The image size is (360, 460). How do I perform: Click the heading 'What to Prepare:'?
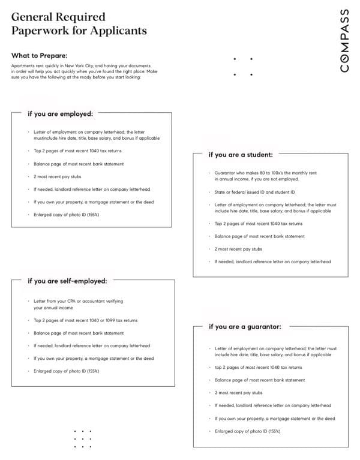pos(39,55)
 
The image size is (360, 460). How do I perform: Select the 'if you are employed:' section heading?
pos(60,113)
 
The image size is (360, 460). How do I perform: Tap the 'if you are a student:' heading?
pos(240,154)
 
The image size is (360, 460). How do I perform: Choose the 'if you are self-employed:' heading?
pos(67,281)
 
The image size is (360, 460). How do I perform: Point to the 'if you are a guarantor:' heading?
pos(244,327)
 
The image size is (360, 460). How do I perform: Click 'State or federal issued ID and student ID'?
pos(255,192)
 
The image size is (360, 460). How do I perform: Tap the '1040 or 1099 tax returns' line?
pos(86,320)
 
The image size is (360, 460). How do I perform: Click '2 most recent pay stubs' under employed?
pos(57,176)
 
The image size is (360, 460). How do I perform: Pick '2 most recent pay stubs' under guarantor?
pos(238,393)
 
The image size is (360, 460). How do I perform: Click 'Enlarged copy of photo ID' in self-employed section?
pos(66,371)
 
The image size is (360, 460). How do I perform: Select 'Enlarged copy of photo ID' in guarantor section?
pos(247,431)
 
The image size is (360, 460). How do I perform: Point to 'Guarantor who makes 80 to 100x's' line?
pos(266,173)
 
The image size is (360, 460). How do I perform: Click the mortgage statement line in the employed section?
pos(93,202)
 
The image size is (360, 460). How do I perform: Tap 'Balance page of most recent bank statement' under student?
pos(260,236)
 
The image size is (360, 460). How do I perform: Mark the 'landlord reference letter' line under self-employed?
pos(92,345)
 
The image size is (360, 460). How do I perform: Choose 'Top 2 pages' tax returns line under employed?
pos(78,151)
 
